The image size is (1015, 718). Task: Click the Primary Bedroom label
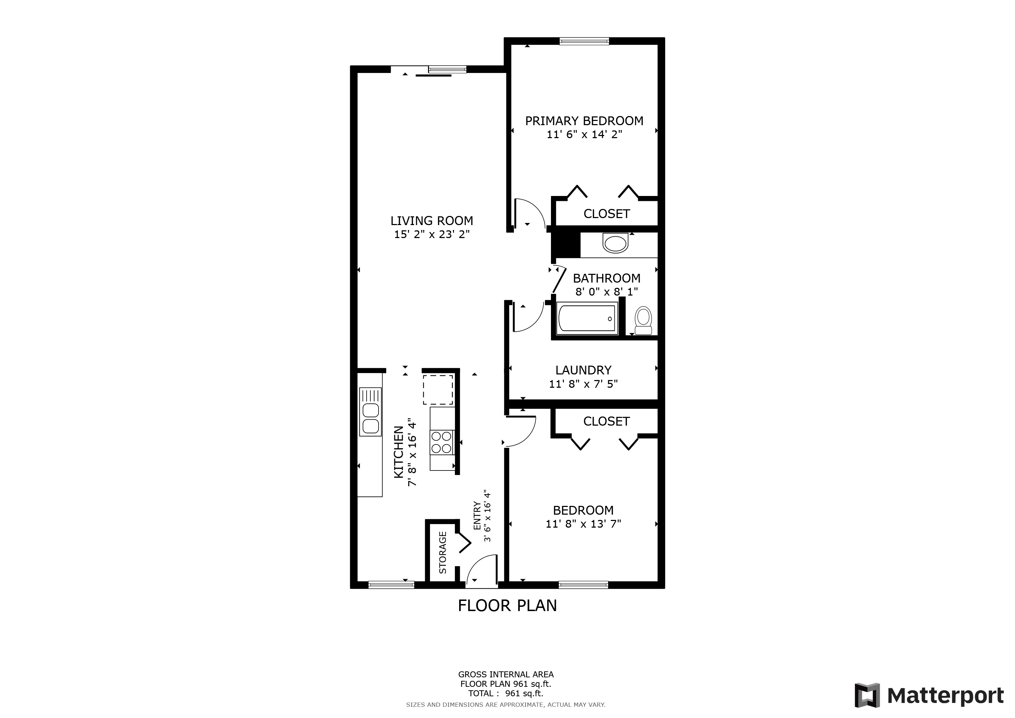pos(584,121)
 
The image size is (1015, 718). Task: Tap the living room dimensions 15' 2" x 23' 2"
pos(431,234)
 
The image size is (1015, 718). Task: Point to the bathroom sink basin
pos(615,244)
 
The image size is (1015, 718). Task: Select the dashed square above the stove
pos(438,390)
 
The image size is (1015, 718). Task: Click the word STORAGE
pos(443,552)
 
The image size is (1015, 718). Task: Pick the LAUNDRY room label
pos(583,370)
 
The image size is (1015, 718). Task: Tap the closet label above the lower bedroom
pos(606,421)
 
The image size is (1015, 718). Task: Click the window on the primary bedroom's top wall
pos(584,41)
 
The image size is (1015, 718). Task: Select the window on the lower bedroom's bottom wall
pos(583,584)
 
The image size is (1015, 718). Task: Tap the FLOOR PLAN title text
pos(507,605)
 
